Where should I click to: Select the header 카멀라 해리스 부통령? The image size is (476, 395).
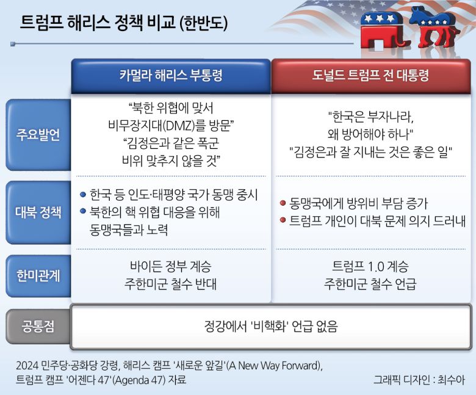tap(171, 76)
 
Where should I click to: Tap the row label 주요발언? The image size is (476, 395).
tap(38, 135)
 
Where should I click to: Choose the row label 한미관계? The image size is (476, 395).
tap(38, 275)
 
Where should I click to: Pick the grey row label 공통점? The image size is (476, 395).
tap(38, 326)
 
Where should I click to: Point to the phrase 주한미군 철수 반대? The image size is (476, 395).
tap(173, 284)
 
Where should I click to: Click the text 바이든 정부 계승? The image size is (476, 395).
tap(173, 267)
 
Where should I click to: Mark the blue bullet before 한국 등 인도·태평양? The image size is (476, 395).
tap(83, 195)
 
